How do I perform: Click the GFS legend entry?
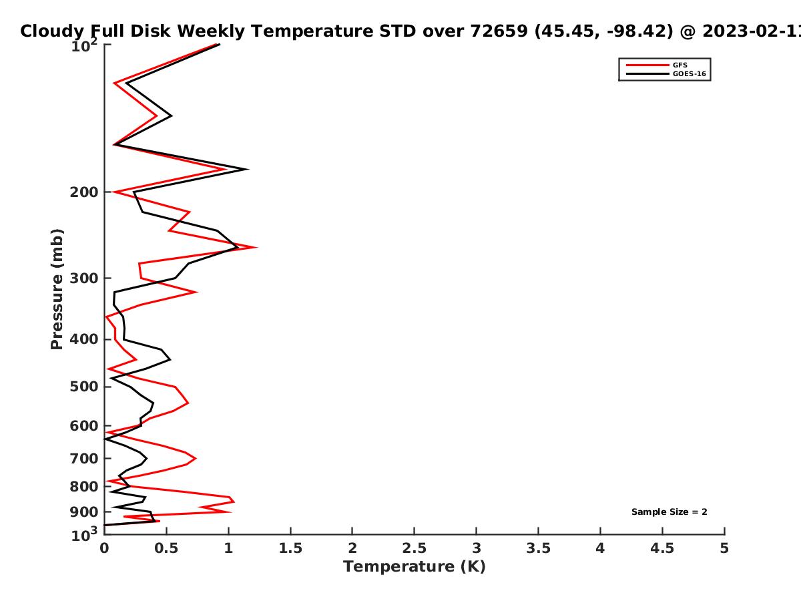point(657,65)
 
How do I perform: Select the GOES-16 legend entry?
point(666,73)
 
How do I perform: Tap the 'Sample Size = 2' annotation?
point(670,512)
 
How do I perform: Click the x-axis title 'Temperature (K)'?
point(415,566)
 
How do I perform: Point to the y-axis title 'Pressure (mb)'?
point(57,289)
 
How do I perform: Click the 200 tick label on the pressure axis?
point(84,192)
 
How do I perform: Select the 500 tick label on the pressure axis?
point(84,387)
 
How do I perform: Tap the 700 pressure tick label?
point(84,458)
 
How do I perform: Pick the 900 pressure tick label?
point(84,512)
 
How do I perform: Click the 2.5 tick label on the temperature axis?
point(415,548)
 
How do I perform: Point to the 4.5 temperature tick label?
point(662,548)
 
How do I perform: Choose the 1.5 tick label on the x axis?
point(290,548)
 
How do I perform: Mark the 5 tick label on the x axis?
point(724,548)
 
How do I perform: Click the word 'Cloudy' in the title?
point(52,31)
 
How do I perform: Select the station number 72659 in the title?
point(499,31)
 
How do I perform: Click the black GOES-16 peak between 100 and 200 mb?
point(248,169)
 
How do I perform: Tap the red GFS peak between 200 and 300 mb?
point(257,247)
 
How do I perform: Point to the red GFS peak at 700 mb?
point(196,458)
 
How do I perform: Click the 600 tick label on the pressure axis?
point(84,426)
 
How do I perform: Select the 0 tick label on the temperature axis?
point(104,548)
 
